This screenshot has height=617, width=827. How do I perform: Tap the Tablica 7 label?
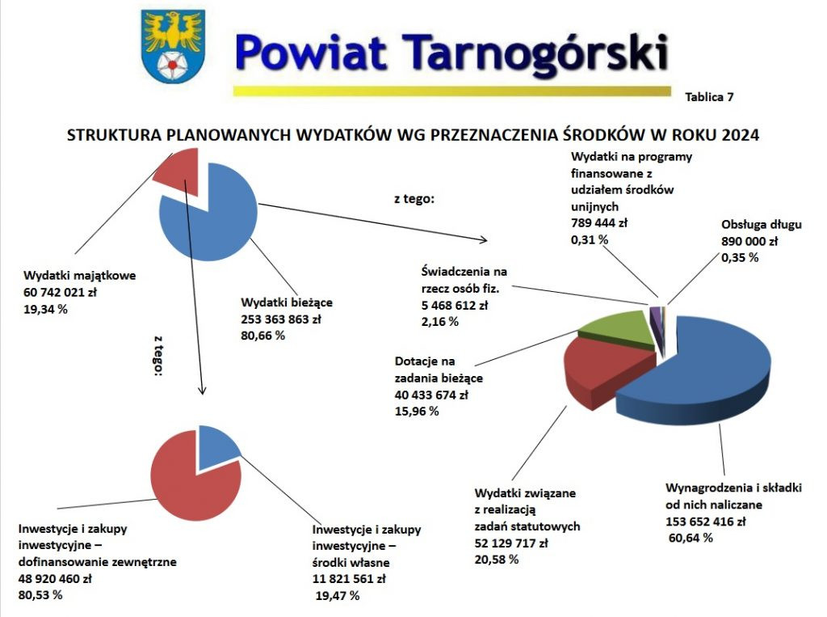coord(708,97)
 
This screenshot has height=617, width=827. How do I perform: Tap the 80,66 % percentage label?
coord(258,334)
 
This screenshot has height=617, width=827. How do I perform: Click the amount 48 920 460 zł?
coord(55,579)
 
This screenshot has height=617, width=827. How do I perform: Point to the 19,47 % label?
coord(337,596)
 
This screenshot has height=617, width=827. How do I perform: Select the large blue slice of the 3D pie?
coord(703,372)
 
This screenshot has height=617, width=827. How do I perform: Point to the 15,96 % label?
coord(417,412)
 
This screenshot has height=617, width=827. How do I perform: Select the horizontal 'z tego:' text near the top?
coord(414,199)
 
